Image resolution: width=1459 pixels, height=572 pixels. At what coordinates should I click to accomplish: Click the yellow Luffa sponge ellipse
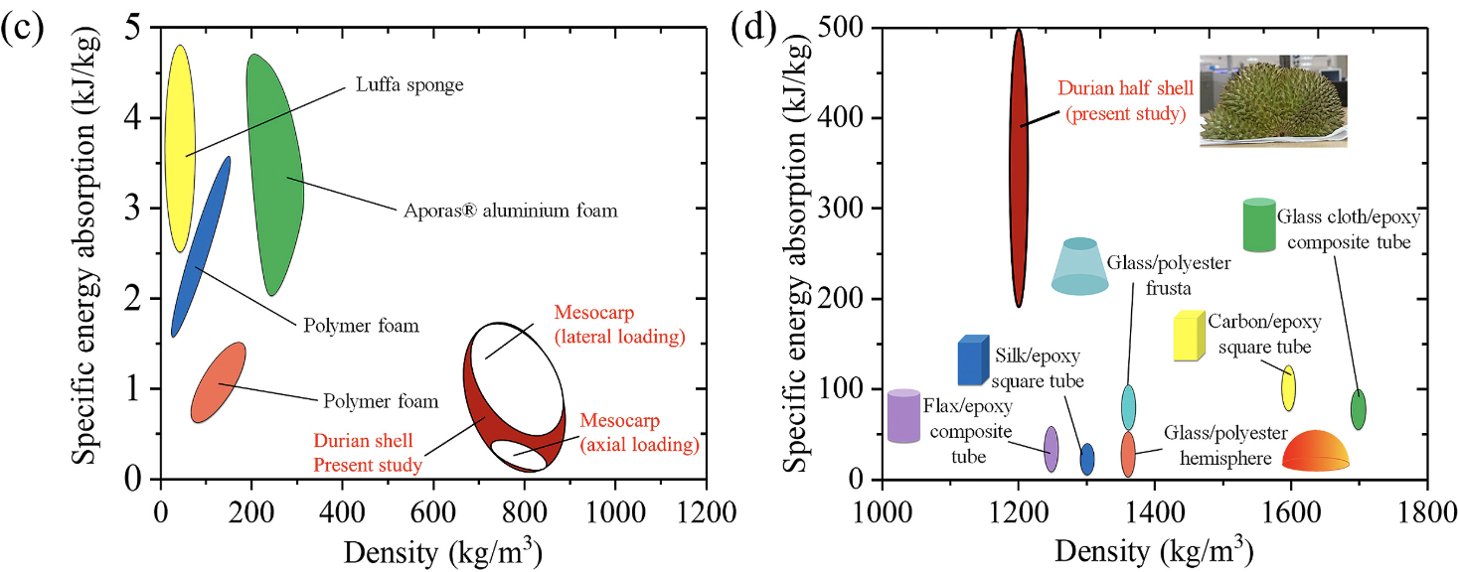[179, 149]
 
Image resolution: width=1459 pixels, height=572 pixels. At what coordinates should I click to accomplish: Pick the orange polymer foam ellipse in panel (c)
[218, 382]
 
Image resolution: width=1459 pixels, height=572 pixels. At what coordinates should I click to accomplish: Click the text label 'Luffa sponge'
[409, 85]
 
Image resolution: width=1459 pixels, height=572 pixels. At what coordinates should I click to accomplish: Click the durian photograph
[1273, 100]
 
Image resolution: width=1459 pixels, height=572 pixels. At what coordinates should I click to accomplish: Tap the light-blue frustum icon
[1079, 267]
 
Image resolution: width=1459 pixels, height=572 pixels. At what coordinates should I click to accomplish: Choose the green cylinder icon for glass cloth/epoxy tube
[1259, 225]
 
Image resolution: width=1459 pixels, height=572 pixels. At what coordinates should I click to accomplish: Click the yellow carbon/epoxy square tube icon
[1189, 335]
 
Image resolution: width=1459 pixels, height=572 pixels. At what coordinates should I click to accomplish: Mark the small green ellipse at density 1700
[1358, 409]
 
